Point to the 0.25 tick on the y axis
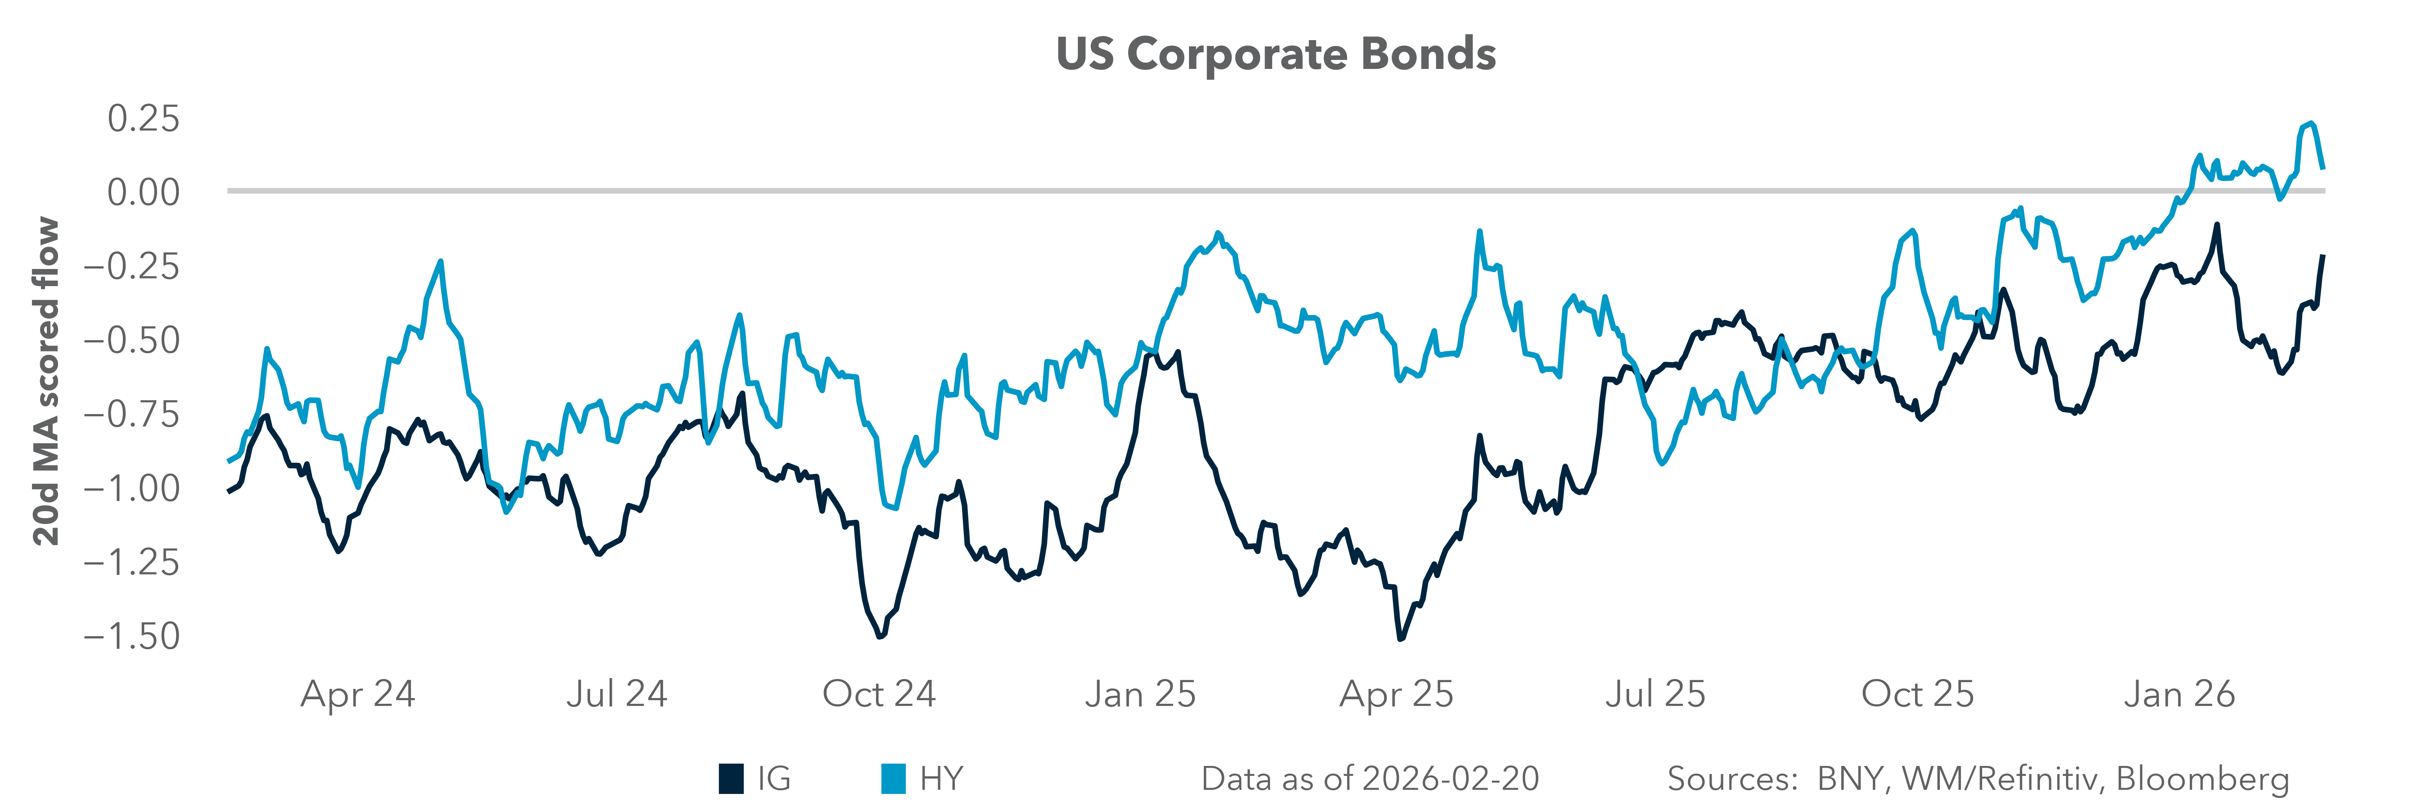(143, 119)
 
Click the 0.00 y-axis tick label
(143, 192)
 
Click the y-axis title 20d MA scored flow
(45, 382)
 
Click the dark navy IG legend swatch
(732, 779)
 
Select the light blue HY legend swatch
(893, 779)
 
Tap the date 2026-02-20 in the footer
(1450, 779)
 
